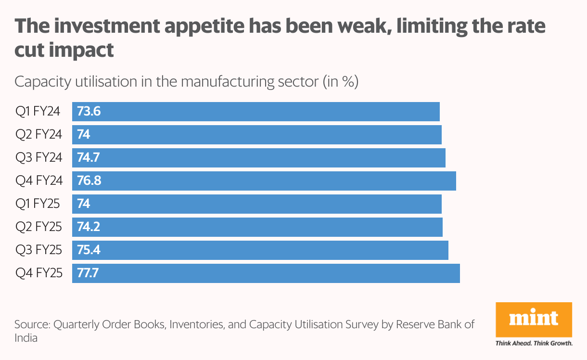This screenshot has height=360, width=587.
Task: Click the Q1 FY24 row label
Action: (38, 112)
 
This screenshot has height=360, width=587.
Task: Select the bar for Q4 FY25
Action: (266, 273)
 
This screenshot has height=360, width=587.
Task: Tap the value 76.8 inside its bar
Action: (89, 181)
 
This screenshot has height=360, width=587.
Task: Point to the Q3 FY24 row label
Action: (39, 158)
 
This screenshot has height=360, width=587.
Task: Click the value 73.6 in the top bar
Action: (89, 112)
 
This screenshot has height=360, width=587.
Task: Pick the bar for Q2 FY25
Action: (257, 227)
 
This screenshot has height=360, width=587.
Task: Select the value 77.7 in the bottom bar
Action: (89, 273)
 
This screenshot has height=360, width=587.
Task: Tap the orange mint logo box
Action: (534, 319)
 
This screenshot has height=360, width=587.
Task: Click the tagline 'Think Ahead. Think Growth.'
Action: (534, 344)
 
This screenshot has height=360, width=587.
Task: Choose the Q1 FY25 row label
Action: (38, 204)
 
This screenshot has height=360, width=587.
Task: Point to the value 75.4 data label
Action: (89, 250)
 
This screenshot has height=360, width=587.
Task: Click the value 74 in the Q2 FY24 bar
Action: (84, 135)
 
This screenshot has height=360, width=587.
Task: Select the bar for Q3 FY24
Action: (259, 158)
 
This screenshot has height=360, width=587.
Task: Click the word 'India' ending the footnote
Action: (26, 338)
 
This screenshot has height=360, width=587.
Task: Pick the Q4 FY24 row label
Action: (39, 181)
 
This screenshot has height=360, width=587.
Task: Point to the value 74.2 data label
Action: (89, 227)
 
